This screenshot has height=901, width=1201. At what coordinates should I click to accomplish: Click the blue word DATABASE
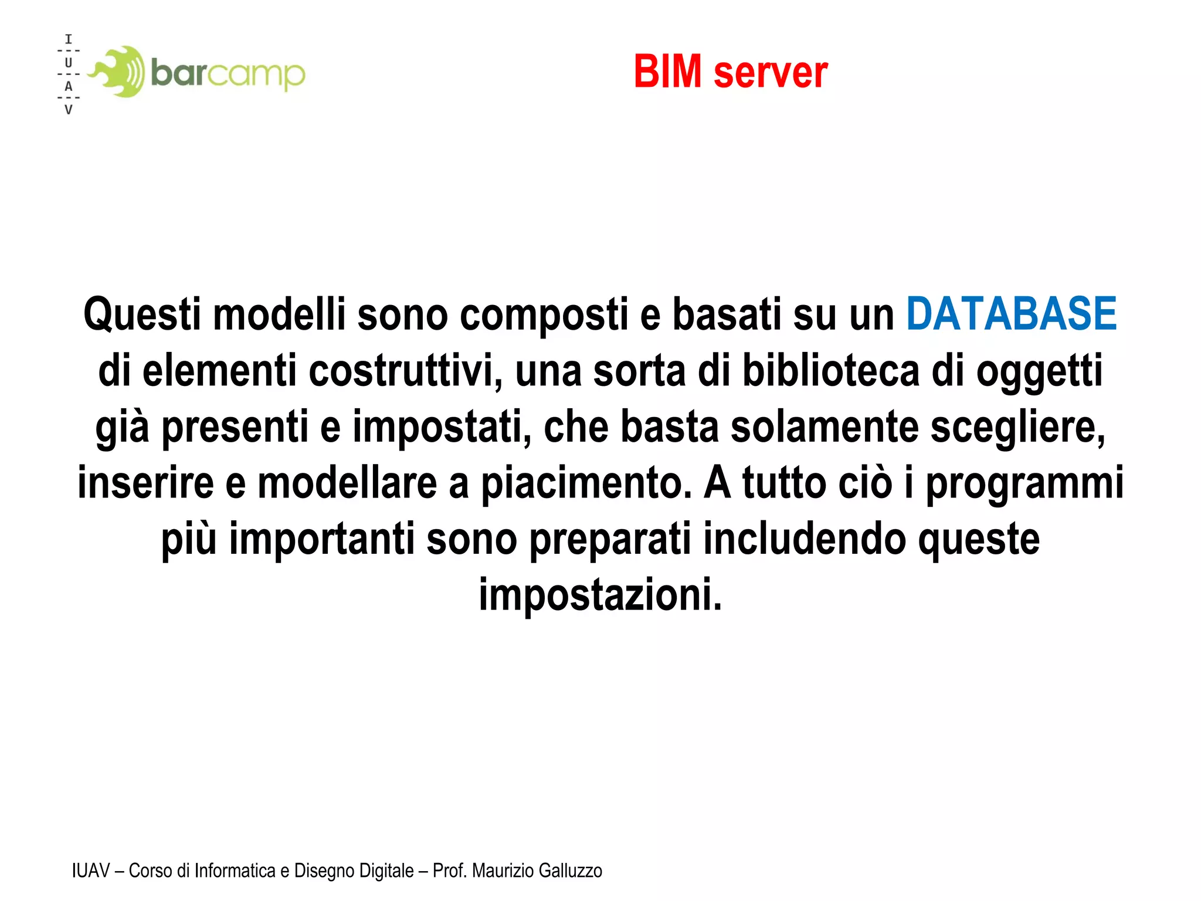click(x=1011, y=314)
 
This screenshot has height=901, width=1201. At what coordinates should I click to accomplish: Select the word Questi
click(x=142, y=315)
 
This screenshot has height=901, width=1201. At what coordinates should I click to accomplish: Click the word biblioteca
click(x=831, y=371)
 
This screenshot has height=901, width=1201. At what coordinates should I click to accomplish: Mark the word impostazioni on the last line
click(x=600, y=595)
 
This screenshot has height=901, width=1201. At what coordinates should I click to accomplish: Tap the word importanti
click(x=321, y=538)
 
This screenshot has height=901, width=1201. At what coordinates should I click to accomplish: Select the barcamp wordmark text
click(x=228, y=74)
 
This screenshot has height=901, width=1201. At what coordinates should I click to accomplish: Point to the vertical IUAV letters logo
click(x=69, y=74)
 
